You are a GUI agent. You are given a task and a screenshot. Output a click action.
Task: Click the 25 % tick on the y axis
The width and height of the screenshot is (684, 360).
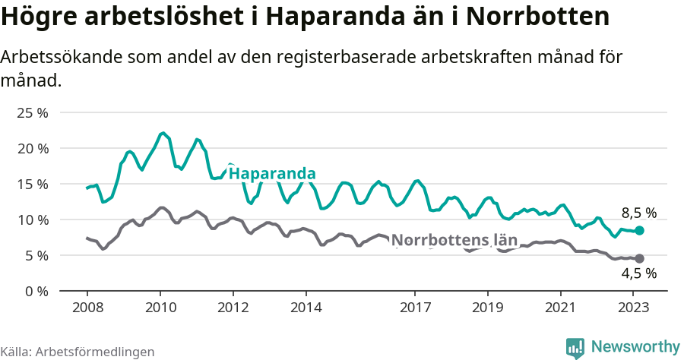[x=33, y=112]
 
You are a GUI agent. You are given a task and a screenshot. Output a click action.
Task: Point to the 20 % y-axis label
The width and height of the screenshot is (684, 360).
[x=33, y=148]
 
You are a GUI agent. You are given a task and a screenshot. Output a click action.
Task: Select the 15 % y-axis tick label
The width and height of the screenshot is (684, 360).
[x=33, y=184]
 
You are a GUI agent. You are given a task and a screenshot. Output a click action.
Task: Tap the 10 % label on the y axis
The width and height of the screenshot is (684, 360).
[x=33, y=219]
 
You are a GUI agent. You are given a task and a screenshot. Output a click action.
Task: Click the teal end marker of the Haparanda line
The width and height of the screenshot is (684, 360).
[x=639, y=230]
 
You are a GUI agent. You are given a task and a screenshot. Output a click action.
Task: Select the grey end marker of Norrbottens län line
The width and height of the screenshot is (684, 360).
[x=639, y=258]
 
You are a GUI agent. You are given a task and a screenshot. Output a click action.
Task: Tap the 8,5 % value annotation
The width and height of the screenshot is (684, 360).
[x=638, y=213]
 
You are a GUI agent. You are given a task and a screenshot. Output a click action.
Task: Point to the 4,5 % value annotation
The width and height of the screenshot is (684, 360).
[x=638, y=274]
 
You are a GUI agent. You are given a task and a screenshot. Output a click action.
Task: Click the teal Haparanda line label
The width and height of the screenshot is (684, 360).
[x=271, y=173]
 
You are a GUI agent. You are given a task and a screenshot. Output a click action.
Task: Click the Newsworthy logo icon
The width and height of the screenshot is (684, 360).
[x=575, y=347]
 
